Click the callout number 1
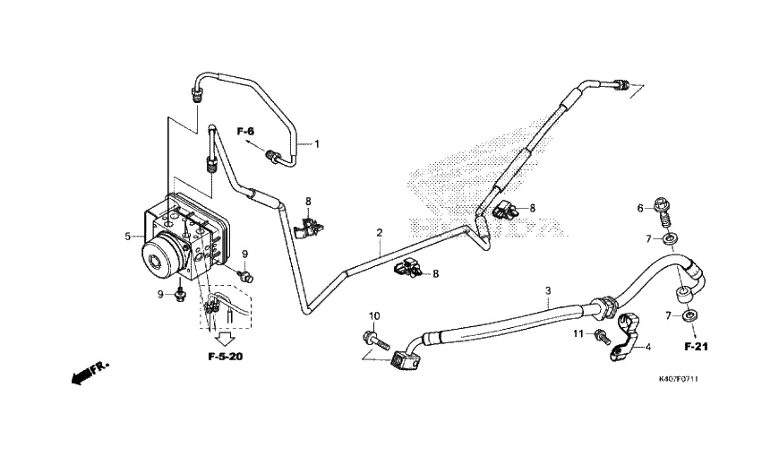pyautogui.click(x=315, y=143)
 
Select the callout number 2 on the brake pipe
pyautogui.click(x=380, y=233)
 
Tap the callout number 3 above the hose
pyautogui.click(x=548, y=291)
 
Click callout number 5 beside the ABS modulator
pyautogui.click(x=129, y=237)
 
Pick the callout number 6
pyautogui.click(x=639, y=208)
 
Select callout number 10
pyautogui.click(x=374, y=315)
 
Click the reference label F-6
pyautogui.click(x=246, y=132)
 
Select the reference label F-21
pyautogui.click(x=696, y=346)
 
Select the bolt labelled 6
pyautogui.click(x=664, y=211)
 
